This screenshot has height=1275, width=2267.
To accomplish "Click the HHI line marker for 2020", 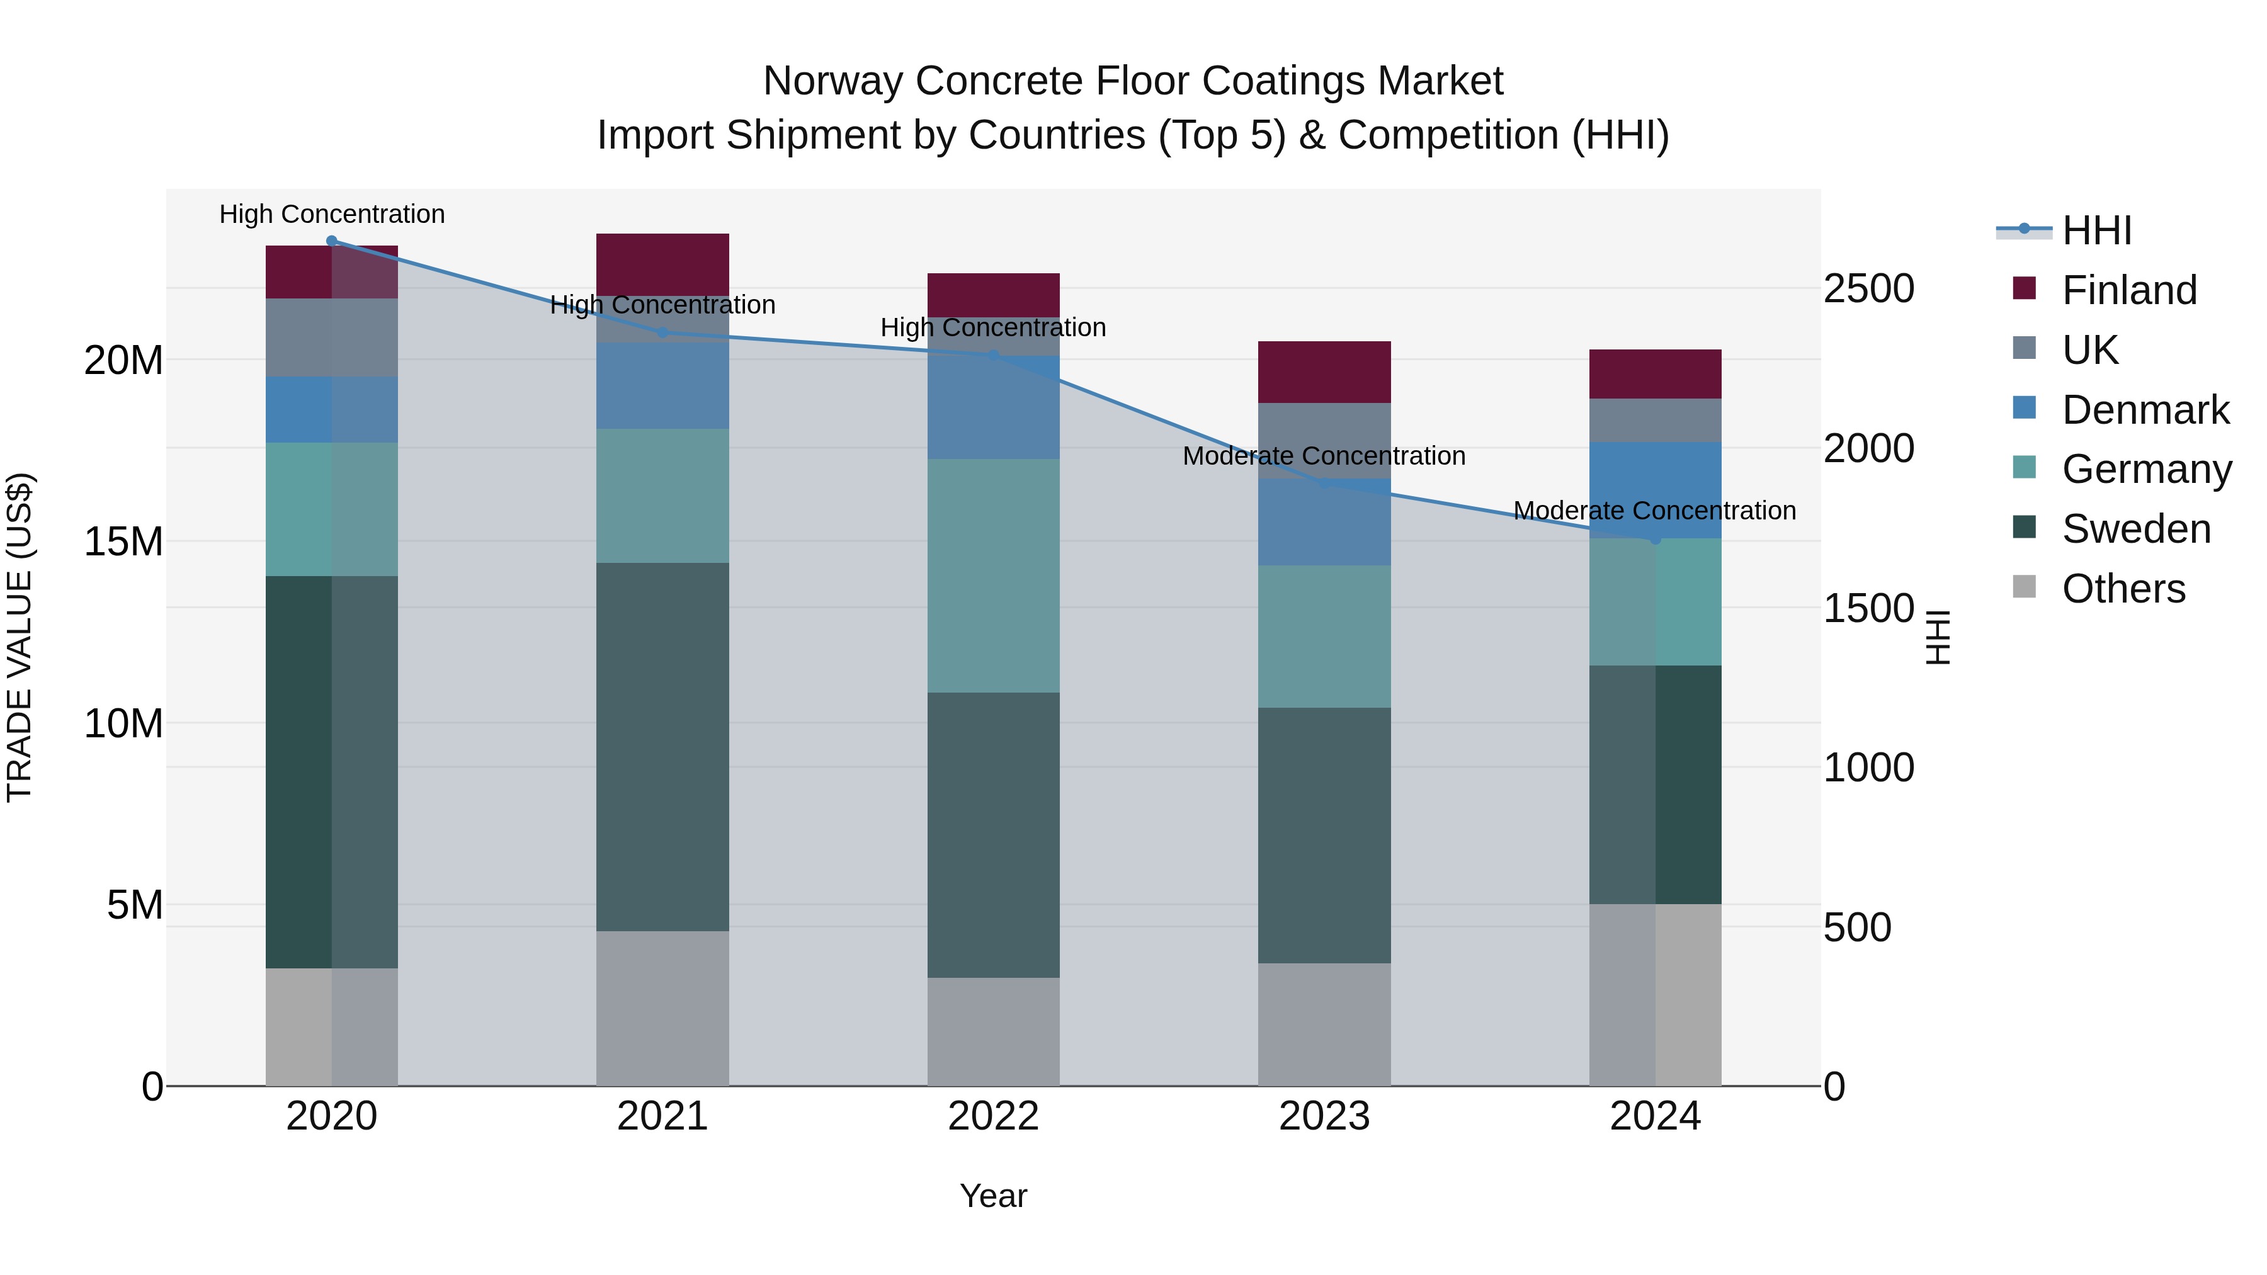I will point(332,241).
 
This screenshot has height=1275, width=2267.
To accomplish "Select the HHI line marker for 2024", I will point(1656,538).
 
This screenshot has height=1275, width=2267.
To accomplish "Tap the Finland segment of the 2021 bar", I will point(662,263).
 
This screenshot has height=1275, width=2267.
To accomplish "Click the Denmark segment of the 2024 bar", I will point(1656,489).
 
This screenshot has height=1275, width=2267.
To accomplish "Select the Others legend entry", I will point(2123,589).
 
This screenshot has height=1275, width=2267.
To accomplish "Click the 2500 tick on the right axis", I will point(1868,288).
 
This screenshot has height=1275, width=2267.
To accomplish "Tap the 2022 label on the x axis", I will point(994,1116).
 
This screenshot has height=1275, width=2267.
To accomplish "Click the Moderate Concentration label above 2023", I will point(1324,456).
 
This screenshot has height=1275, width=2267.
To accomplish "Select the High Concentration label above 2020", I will point(332,214).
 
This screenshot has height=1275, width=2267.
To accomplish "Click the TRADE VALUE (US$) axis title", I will point(20,637).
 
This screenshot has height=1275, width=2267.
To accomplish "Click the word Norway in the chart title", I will point(832,81).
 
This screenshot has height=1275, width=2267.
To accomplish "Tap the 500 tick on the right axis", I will point(1857,927).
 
